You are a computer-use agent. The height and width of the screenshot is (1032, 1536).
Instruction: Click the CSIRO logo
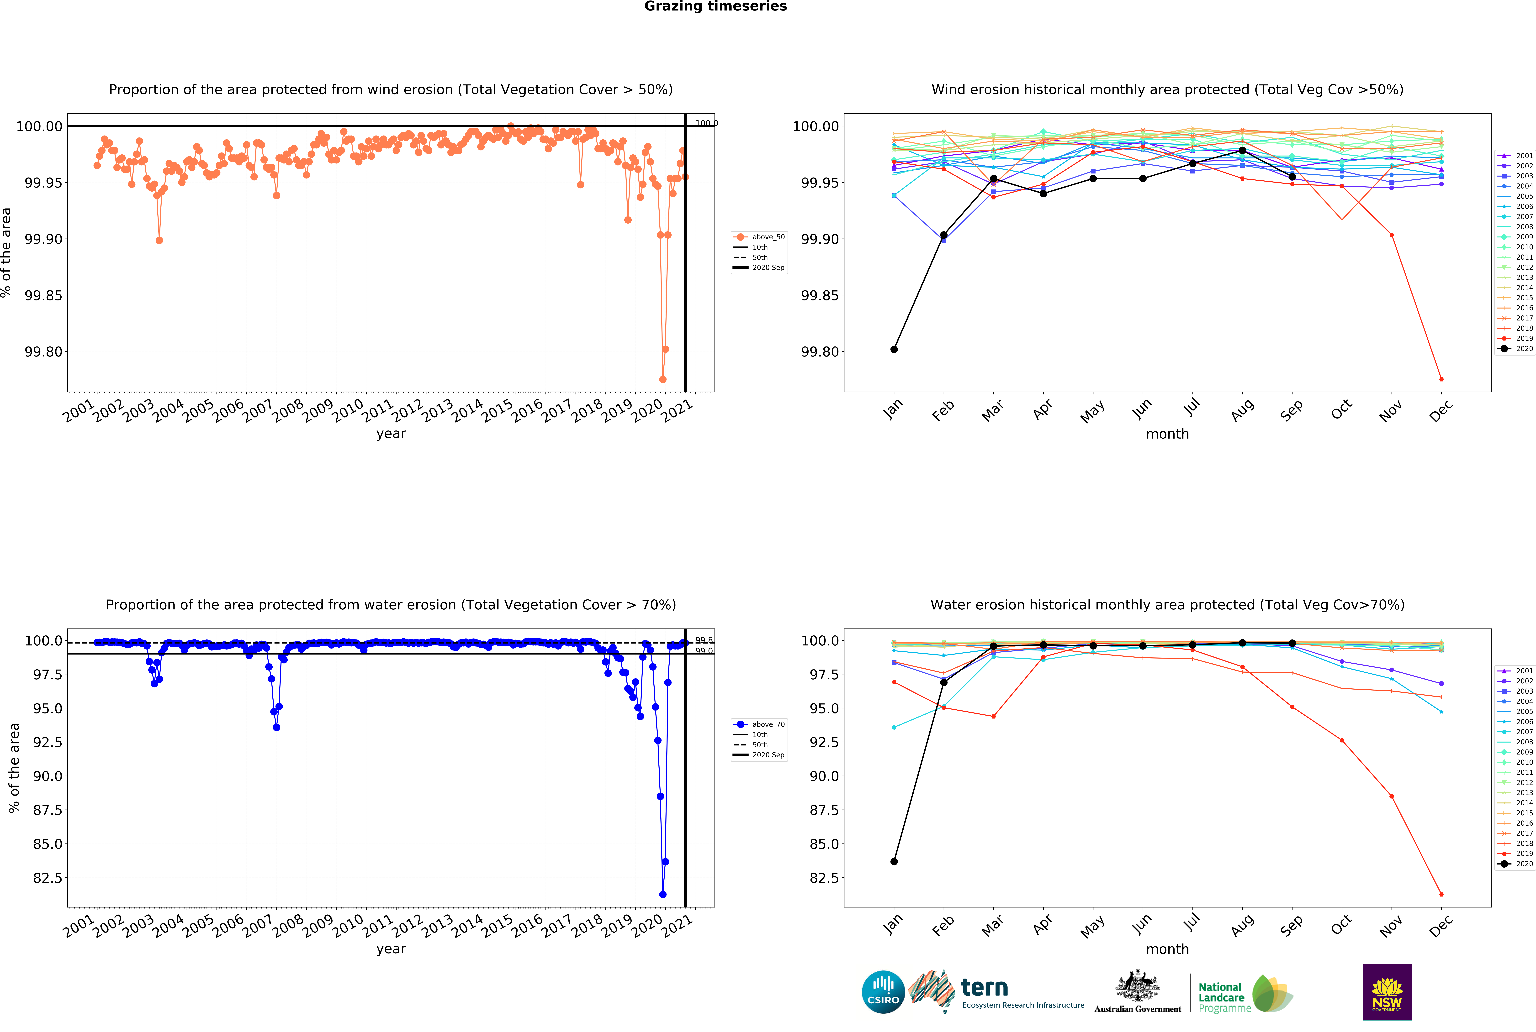coord(883,992)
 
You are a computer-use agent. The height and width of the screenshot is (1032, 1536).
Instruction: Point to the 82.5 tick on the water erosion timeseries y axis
coord(48,878)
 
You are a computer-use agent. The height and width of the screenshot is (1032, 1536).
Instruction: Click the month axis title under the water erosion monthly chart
coord(1167,949)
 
